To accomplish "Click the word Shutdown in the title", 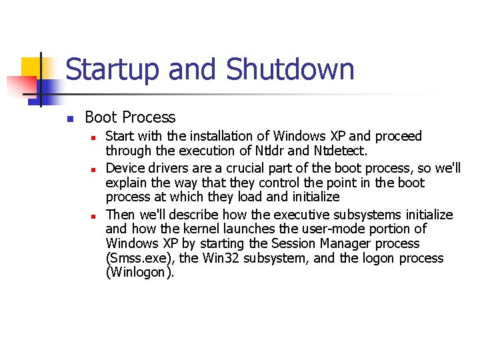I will tap(290, 70).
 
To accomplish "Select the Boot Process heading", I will tap(130, 118).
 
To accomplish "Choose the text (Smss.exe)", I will tap(140, 259).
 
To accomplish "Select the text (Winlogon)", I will tap(140, 273).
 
